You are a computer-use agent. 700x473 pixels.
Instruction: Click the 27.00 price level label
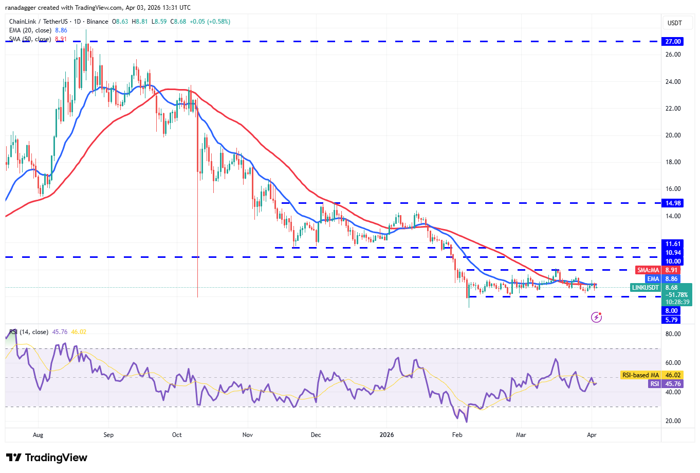(673, 42)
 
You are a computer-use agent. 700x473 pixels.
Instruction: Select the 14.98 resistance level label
(673, 203)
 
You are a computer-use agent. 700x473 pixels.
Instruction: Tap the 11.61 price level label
(673, 244)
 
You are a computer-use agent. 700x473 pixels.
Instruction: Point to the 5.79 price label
(672, 320)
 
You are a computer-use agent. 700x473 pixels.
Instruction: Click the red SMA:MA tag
(648, 270)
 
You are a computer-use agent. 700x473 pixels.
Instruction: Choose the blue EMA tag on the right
(653, 279)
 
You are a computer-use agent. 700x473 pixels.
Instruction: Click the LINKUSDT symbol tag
(645, 288)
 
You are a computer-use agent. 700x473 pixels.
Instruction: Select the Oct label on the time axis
(177, 435)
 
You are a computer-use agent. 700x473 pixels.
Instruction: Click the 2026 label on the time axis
(386, 435)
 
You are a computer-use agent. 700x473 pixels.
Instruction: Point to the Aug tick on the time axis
(38, 435)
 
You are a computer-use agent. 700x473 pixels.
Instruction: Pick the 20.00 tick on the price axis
(673, 135)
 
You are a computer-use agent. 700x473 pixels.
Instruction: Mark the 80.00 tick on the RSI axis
(673, 334)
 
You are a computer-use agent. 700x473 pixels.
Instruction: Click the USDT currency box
(674, 23)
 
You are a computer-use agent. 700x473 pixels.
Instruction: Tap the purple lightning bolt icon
(596, 317)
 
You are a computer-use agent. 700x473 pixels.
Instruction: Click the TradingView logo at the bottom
(47, 458)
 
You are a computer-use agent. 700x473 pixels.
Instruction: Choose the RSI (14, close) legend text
(29, 332)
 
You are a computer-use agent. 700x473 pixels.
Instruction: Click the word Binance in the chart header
(97, 22)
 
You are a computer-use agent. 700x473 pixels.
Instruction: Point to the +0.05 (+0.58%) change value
(210, 22)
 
